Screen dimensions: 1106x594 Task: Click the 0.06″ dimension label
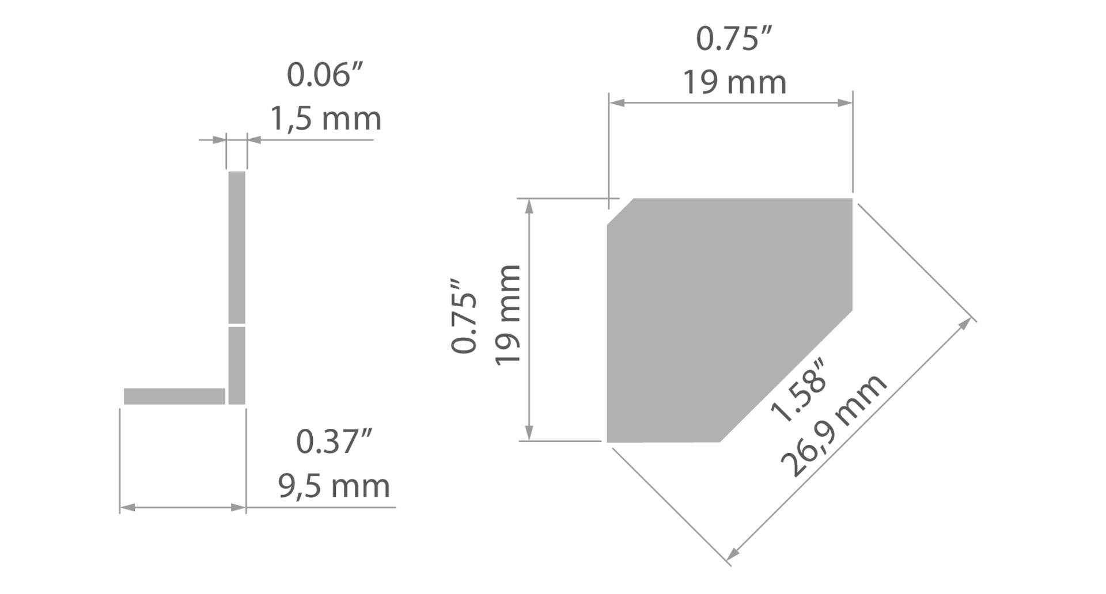coord(326,75)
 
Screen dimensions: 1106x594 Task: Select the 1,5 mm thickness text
coord(325,119)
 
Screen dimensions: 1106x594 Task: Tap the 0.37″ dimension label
coord(335,442)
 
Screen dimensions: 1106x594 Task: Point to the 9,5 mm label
coord(334,486)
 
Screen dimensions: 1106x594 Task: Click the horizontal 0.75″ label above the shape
coord(734,39)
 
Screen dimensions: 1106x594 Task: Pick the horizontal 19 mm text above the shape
coord(734,83)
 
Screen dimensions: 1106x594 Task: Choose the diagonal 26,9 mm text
coord(834,425)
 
